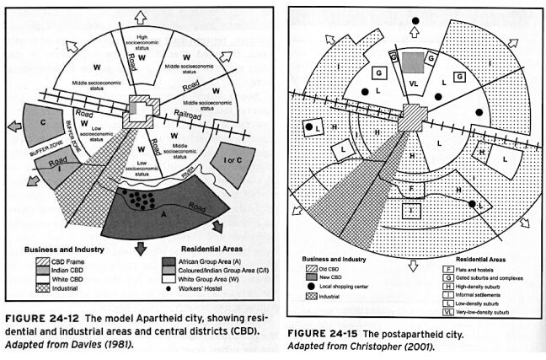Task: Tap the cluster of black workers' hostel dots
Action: click(x=141, y=201)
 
